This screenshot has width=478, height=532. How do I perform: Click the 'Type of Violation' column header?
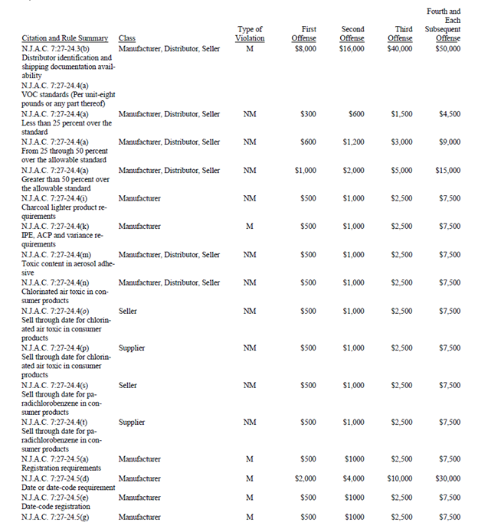(x=250, y=34)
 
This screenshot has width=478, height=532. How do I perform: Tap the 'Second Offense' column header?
(x=352, y=34)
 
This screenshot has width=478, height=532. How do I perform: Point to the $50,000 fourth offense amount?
(x=448, y=49)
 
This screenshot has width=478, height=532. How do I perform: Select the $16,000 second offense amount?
(x=352, y=49)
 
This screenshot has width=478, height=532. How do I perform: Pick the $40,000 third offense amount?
(x=400, y=49)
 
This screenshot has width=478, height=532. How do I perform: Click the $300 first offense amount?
(x=308, y=114)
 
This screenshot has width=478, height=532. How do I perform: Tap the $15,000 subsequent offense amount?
(x=449, y=171)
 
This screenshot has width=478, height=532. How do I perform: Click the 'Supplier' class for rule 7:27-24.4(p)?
(x=132, y=348)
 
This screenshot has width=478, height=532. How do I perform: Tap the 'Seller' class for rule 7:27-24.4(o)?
(x=128, y=312)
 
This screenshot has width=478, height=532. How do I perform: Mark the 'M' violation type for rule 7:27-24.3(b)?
(x=250, y=49)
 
